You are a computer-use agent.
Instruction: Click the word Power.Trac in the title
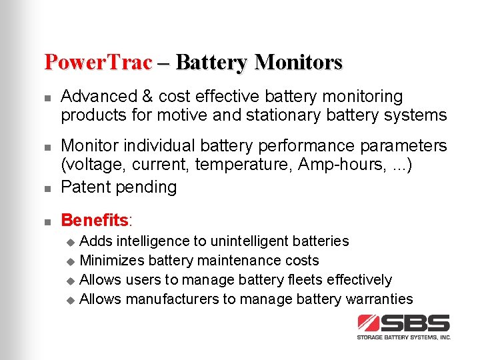pyautogui.click(x=98, y=62)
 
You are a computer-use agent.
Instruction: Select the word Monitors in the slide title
pyautogui.click(x=298, y=62)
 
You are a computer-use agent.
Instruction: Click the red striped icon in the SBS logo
pyautogui.click(x=369, y=323)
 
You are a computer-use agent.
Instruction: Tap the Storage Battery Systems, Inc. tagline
pyautogui.click(x=404, y=337)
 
